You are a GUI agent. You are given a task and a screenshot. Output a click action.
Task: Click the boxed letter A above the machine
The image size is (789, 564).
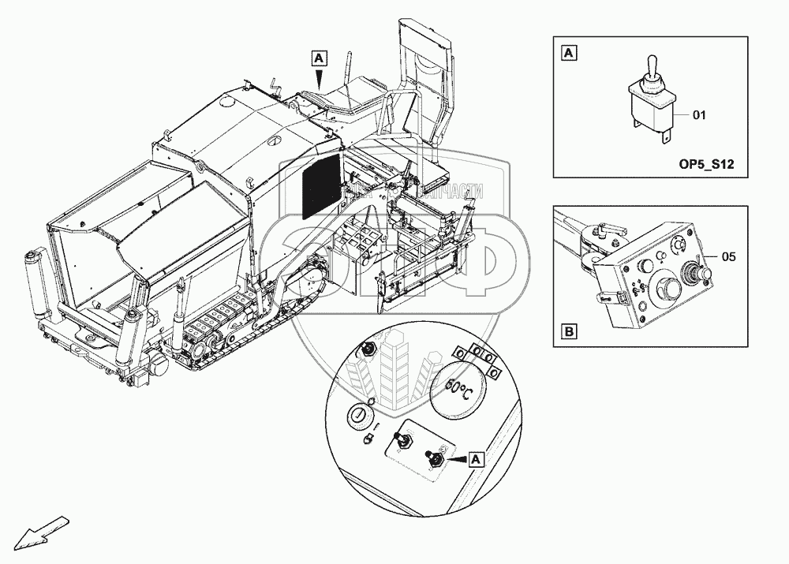(318, 58)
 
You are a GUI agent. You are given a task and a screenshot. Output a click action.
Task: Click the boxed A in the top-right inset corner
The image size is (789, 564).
(568, 54)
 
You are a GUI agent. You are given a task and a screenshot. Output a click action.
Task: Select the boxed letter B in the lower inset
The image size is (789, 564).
(568, 331)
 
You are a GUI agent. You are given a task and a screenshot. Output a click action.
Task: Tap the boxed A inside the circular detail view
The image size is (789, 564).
(476, 457)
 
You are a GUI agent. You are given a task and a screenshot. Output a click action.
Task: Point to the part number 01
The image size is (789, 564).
(699, 115)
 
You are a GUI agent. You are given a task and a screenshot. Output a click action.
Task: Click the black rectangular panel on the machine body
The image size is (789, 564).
(322, 186)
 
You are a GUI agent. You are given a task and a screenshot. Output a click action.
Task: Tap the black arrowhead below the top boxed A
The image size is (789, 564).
(318, 77)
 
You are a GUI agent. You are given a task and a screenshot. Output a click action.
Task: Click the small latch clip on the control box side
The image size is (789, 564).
(619, 298)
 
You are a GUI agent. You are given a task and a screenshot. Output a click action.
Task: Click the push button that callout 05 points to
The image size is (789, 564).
(694, 273)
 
